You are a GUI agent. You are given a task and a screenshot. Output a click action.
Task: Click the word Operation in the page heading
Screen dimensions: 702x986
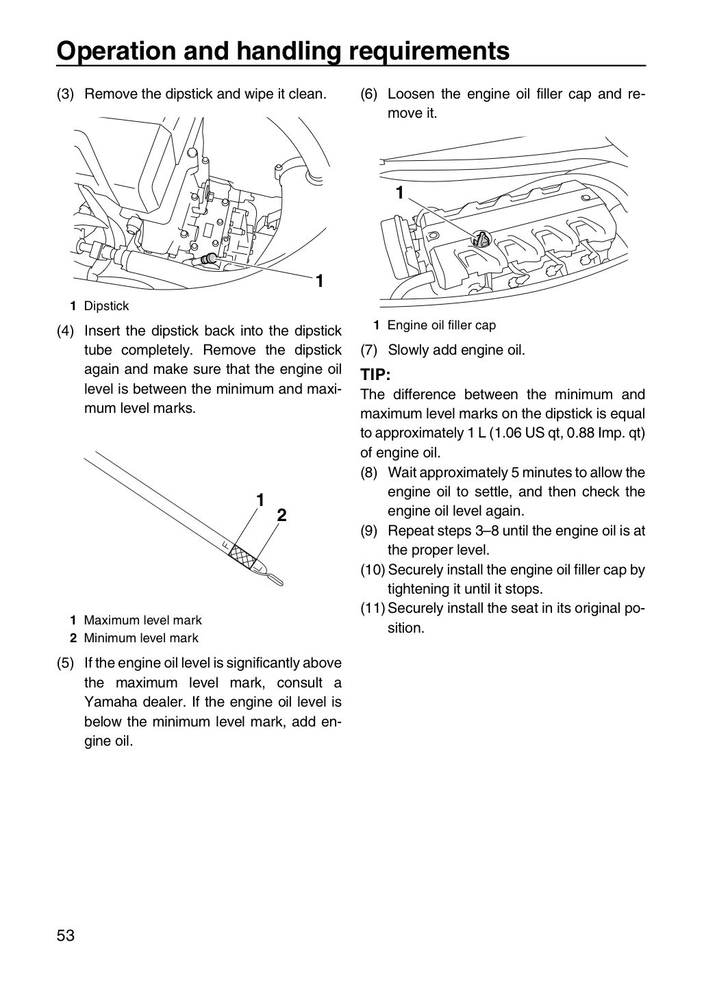pos(116,51)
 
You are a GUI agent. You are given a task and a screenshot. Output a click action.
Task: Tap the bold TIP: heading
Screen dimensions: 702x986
pos(375,375)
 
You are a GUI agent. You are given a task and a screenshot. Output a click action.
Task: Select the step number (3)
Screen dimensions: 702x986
pos(65,94)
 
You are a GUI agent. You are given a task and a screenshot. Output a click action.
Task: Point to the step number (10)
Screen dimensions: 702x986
pos(373,570)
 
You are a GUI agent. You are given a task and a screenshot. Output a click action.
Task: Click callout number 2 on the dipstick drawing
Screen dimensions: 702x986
pos(281,515)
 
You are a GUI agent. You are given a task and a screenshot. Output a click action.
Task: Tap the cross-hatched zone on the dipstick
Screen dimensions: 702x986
pos(243,556)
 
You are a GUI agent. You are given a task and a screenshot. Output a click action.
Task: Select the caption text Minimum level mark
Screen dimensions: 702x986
pos(141,638)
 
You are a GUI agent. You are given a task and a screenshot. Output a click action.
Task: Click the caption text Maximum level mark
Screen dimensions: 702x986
pos(142,620)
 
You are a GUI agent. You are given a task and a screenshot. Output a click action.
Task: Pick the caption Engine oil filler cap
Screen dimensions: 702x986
pos(441,325)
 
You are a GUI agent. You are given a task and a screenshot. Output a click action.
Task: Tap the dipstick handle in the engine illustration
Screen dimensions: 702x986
pos(208,259)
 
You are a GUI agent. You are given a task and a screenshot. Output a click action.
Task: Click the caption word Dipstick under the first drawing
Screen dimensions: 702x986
pos(106,306)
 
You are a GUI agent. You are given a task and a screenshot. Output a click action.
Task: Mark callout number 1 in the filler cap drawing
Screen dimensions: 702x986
pos(400,193)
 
